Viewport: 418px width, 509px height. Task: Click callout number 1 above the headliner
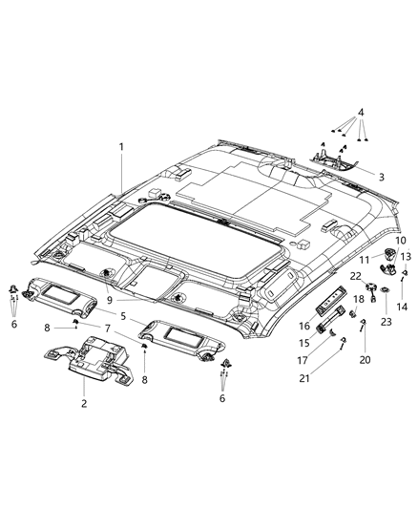pyautogui.click(x=121, y=146)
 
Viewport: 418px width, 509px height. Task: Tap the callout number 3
pyautogui.click(x=381, y=177)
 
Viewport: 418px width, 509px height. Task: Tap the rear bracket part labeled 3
pyautogui.click(x=336, y=162)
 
